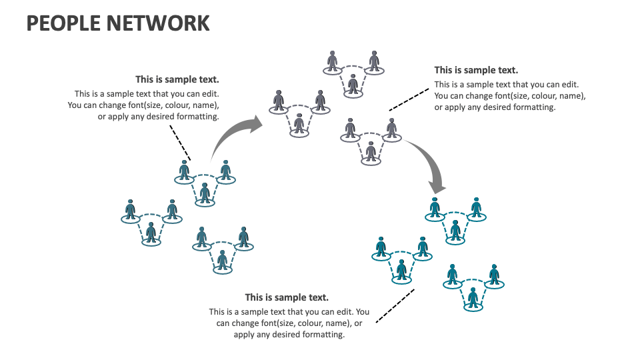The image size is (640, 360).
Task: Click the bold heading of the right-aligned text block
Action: pyautogui.click(x=177, y=79)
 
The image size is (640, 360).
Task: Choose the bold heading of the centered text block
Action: pyautogui.click(x=287, y=297)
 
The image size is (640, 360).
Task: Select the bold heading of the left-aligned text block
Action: pyautogui.click(x=476, y=70)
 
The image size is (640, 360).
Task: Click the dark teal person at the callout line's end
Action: pyautogui.click(x=184, y=169)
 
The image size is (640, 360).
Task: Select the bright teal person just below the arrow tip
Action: pyautogui.click(x=435, y=207)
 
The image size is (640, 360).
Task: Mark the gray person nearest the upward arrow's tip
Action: pyautogui.click(x=279, y=100)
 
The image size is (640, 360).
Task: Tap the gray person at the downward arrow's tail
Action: pyautogui.click(x=391, y=127)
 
